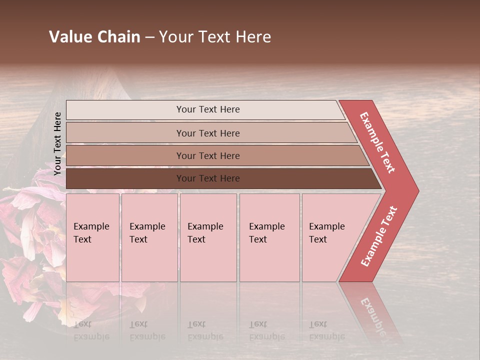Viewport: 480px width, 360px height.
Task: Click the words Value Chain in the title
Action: point(94,37)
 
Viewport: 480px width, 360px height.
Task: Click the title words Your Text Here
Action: point(215,37)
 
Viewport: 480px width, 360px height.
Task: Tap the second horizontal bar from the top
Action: point(208,133)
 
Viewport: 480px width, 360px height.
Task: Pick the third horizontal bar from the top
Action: point(208,155)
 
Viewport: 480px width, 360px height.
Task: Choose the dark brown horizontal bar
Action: point(208,178)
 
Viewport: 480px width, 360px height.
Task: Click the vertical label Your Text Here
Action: point(57,143)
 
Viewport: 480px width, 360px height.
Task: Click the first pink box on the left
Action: point(92,237)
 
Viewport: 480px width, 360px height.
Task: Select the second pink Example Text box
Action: point(149,237)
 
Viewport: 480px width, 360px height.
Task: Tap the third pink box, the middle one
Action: point(208,237)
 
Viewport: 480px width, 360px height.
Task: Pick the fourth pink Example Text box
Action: point(269,237)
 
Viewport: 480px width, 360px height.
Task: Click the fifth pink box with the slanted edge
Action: point(330,237)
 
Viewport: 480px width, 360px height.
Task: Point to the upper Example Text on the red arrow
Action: point(377,142)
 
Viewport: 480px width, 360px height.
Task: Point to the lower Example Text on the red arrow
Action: point(379,236)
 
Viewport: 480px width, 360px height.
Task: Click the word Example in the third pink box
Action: point(205,226)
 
